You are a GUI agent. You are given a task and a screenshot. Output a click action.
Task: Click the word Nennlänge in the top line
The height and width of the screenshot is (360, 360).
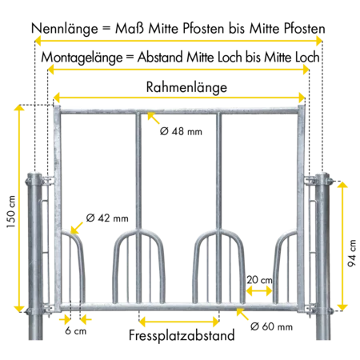pyautogui.click(x=65, y=29)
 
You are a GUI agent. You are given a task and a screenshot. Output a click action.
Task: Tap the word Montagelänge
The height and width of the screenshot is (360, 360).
pyautogui.click(x=82, y=58)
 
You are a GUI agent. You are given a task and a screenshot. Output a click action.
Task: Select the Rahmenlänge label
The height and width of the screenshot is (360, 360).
pyautogui.click(x=186, y=87)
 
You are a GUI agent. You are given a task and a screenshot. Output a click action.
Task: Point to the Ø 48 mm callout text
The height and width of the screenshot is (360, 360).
pyautogui.click(x=181, y=131)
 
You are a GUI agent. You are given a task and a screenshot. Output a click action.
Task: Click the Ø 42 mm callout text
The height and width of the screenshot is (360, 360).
pyautogui.click(x=107, y=218)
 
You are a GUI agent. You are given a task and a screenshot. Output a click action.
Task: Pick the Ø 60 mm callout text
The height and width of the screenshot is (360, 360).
pyautogui.click(x=271, y=326)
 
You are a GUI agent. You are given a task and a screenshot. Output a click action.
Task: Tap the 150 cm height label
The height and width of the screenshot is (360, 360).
pyautogui.click(x=11, y=212)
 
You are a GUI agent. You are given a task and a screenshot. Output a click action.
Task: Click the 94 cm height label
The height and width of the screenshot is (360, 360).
pyautogui.click(x=352, y=253)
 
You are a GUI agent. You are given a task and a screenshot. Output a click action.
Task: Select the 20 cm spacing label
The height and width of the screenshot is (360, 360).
pyautogui.click(x=259, y=280)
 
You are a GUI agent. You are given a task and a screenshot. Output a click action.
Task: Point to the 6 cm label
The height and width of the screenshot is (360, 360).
pyautogui.click(x=76, y=330)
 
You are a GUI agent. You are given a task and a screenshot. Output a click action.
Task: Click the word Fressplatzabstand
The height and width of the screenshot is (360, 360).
pyautogui.click(x=182, y=335)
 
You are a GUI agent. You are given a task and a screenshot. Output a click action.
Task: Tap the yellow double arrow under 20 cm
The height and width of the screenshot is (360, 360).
pyautogui.click(x=259, y=291)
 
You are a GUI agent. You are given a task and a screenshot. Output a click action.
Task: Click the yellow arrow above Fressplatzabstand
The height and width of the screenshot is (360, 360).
pyautogui.click(x=179, y=322)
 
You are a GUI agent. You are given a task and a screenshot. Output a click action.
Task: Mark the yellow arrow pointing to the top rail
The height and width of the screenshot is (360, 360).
pyautogui.click(x=154, y=118)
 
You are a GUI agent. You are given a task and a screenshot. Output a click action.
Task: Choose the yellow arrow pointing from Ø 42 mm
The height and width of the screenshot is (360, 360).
pyautogui.click(x=77, y=228)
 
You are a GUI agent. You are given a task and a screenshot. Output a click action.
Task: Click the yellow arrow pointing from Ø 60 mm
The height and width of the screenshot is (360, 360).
pyautogui.click(x=242, y=314)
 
